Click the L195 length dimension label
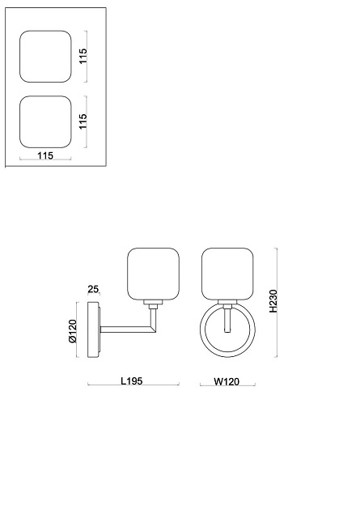pyautogui.click(x=132, y=380)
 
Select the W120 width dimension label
pyautogui.click(x=227, y=381)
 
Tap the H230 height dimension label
pyautogui.click(x=273, y=301)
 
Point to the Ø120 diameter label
pyautogui.click(x=72, y=331)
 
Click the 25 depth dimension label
pyautogui.click(x=93, y=289)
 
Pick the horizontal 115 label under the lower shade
pyautogui.click(x=45, y=155)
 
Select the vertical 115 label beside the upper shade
pyautogui.click(x=83, y=56)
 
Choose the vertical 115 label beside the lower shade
pyautogui.click(x=83, y=121)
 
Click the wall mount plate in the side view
pyautogui.click(x=94, y=329)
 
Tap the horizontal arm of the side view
pyautogui.click(x=125, y=329)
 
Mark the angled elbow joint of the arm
pyautogui.click(x=152, y=329)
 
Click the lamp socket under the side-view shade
pyautogui.click(x=153, y=304)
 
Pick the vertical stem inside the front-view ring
pyautogui.click(x=227, y=321)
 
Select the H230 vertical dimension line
pyautogui.click(x=277, y=303)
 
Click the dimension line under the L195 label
pyautogui.click(x=133, y=385)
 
